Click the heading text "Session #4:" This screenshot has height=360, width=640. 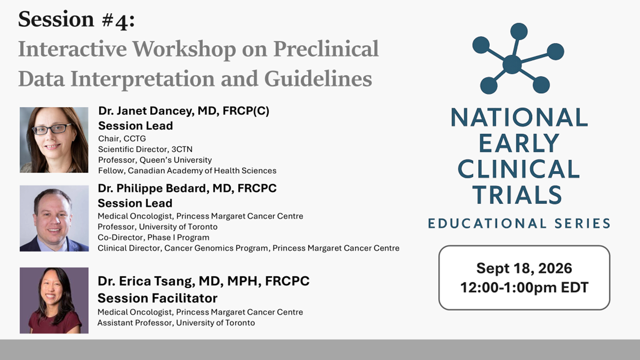[x=76, y=20]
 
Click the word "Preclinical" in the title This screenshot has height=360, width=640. [x=326, y=49]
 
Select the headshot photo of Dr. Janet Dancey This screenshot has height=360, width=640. [x=54, y=140]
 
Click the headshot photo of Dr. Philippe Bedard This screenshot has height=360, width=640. [x=54, y=218]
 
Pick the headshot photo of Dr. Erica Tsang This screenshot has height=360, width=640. [x=54, y=300]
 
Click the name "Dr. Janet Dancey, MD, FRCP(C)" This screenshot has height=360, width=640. [x=183, y=111]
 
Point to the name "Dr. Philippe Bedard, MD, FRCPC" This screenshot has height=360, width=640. [x=187, y=188]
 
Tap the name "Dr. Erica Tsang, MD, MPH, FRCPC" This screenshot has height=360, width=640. [x=203, y=281]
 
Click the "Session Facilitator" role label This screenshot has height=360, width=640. [x=157, y=298]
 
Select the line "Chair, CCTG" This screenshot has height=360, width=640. [x=122, y=139]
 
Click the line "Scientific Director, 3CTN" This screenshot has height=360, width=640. [x=145, y=149]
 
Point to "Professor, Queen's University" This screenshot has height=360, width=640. [x=155, y=160]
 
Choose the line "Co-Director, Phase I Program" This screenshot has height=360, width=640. [x=153, y=237]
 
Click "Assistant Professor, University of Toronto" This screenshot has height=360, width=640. [x=176, y=323]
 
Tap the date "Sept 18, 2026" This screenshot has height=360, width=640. [x=524, y=268]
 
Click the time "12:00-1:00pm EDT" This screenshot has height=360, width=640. [x=524, y=287]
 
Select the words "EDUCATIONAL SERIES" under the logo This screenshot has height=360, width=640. [x=519, y=223]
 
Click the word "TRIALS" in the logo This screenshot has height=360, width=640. [x=517, y=195]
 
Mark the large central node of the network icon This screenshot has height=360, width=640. [x=512, y=64]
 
